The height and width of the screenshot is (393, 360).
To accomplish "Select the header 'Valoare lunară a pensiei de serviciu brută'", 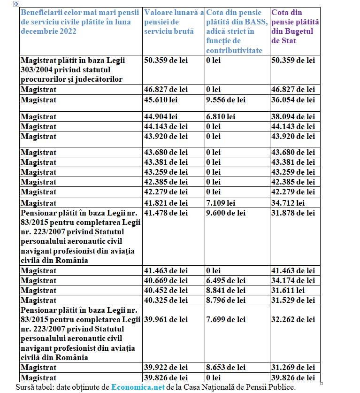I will (174, 22).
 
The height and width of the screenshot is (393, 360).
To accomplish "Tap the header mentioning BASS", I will (237, 31).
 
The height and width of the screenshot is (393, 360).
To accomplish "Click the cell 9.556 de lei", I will (226, 100).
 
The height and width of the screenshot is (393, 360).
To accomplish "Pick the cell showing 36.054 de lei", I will (293, 100).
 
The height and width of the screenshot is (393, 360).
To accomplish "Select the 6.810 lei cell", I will (219, 116).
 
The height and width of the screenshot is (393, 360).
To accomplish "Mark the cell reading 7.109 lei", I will (219, 203).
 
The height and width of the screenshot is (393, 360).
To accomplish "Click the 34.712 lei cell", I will (287, 203).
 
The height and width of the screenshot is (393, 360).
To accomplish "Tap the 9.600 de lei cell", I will (226, 213).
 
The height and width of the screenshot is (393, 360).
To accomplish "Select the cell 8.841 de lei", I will (226, 290).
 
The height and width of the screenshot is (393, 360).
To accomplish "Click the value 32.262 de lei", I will (293, 319).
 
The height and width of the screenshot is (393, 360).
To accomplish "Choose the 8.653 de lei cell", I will (226, 367).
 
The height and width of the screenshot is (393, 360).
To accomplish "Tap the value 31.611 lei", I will (287, 290).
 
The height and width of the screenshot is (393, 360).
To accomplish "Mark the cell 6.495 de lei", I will (226, 280).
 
